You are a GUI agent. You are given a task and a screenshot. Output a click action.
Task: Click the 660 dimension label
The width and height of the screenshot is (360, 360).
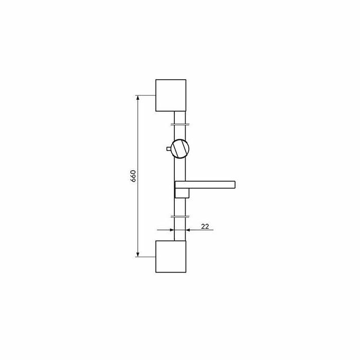point(133,176)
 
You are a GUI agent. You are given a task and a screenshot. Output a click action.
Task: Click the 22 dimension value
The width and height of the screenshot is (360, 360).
point(205,226)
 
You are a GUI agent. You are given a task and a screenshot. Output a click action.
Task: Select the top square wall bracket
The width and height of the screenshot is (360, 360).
point(171,95)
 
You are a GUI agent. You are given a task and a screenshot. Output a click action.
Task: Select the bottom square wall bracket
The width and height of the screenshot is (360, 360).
point(171,257)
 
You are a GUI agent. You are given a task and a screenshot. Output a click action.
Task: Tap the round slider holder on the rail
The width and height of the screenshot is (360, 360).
point(181,149)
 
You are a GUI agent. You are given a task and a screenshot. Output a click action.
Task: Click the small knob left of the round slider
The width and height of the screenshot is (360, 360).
point(169,149)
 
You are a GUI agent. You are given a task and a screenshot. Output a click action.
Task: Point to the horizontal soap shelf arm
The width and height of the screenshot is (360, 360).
point(205,185)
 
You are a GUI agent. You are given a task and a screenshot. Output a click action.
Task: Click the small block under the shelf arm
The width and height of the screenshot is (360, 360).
point(182,193)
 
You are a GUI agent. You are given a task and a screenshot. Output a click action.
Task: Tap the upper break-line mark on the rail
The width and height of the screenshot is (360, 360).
point(180,124)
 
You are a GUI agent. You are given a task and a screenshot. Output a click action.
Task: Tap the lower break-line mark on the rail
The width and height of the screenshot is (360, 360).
point(180,217)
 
